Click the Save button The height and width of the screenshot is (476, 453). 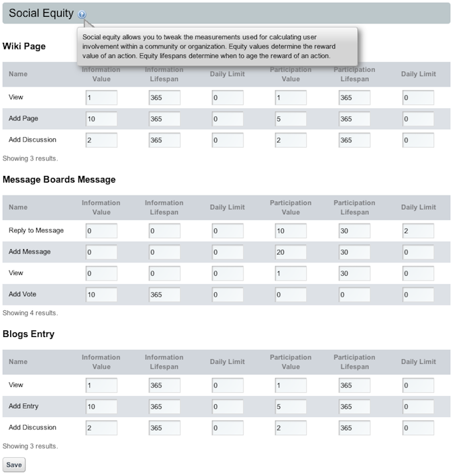(x=14, y=465)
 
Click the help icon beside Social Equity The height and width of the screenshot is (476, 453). (x=82, y=14)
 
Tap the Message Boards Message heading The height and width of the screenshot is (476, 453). (x=59, y=179)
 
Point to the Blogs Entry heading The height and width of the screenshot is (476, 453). (x=29, y=334)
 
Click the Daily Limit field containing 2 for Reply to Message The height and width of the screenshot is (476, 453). (x=417, y=231)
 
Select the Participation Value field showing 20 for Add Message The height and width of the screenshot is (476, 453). (x=291, y=252)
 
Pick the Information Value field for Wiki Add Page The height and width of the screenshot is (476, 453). (x=101, y=119)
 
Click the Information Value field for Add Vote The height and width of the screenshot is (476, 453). (x=101, y=294)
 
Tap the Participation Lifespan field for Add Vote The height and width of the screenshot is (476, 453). (x=354, y=294)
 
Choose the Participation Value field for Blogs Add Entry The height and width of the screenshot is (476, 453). (x=291, y=406)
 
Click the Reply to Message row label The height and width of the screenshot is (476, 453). (x=36, y=230)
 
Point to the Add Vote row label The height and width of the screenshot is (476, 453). (x=23, y=294)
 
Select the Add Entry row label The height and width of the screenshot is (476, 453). (x=24, y=406)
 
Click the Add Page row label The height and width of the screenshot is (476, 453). (x=23, y=118)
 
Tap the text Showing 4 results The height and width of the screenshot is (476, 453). (x=30, y=313)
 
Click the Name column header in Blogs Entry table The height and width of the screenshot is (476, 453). (x=18, y=362)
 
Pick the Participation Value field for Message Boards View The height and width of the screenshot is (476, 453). (x=291, y=273)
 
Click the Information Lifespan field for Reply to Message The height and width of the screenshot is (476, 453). (x=164, y=231)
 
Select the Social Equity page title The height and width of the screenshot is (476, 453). (x=41, y=13)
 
